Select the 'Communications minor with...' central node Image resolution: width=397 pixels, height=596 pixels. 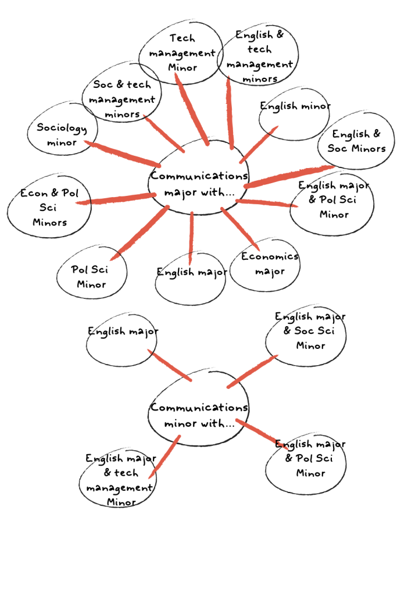(x=198, y=414)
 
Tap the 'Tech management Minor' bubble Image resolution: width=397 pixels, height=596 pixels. (x=182, y=52)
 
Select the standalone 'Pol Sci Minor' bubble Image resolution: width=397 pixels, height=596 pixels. (x=91, y=277)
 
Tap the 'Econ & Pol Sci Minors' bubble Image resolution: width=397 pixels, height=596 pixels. (x=49, y=207)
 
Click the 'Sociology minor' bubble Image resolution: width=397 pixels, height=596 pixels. (x=61, y=135)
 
